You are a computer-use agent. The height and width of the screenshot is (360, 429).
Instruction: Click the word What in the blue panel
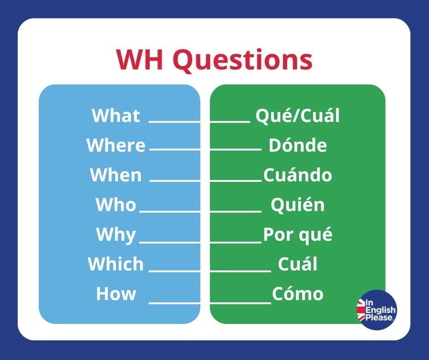(x=116, y=115)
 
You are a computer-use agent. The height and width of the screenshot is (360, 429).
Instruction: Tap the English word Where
(x=116, y=145)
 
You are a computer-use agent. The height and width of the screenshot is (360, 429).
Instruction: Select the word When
(x=116, y=175)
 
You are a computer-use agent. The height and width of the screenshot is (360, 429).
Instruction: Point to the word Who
(x=116, y=204)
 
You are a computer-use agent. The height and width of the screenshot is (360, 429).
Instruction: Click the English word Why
(x=116, y=234)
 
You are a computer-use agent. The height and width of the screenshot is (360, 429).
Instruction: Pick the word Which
(x=116, y=264)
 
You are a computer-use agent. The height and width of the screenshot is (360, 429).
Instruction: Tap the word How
(x=116, y=294)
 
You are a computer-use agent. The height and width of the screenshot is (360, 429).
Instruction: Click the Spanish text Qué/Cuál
(x=298, y=115)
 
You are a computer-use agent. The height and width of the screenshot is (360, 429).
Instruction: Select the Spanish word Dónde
(x=298, y=145)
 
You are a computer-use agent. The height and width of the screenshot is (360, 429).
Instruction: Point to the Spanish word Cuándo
(x=298, y=175)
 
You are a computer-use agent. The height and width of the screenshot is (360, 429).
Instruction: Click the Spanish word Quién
(x=298, y=204)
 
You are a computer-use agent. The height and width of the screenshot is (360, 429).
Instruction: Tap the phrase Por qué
(x=298, y=234)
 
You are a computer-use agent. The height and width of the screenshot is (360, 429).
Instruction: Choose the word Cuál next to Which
(x=298, y=264)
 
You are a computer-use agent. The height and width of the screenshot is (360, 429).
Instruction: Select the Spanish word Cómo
(x=298, y=293)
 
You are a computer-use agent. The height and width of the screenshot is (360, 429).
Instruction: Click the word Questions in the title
(x=242, y=60)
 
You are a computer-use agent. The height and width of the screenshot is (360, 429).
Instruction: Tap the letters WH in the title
(x=140, y=59)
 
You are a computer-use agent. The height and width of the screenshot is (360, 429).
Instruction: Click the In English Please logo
(x=377, y=310)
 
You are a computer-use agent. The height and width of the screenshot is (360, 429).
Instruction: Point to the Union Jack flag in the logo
(x=361, y=310)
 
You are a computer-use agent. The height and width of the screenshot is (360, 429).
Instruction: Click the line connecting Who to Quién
(x=200, y=211)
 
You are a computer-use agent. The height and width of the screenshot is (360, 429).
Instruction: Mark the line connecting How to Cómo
(x=210, y=303)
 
